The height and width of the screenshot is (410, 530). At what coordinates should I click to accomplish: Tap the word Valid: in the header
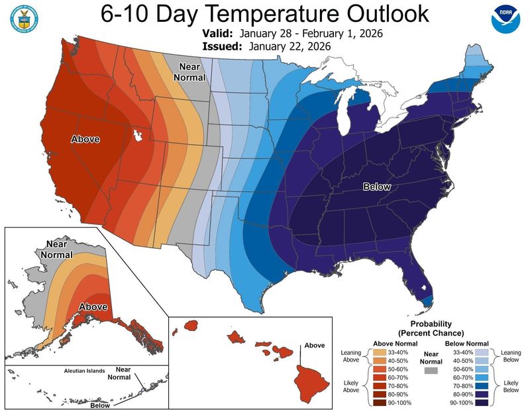pyautogui.click(x=220, y=33)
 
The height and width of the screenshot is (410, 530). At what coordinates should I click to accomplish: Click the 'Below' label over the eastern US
pyautogui.click(x=377, y=187)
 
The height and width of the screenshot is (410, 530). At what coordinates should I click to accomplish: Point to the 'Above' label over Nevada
pyautogui.click(x=85, y=139)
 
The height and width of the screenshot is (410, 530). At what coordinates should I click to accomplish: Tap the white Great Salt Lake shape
pyautogui.click(x=138, y=135)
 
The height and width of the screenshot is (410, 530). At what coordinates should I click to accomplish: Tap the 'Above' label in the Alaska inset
pyautogui.click(x=92, y=307)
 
